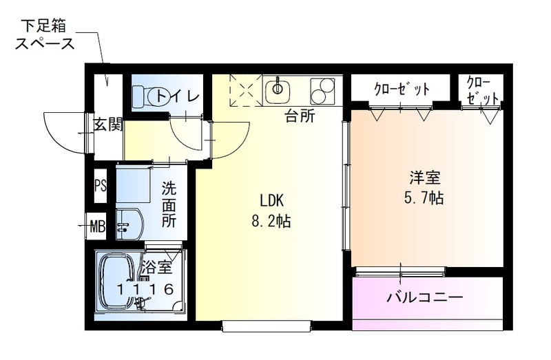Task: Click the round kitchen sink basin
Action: tap(278, 88)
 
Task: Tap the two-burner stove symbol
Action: tap(322, 91)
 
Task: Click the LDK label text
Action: tap(272, 201)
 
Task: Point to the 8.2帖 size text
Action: tap(272, 222)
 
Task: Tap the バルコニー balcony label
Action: tap(424, 298)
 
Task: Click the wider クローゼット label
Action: tap(402, 89)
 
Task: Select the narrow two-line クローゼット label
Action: tap(482, 89)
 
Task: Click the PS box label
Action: tap(101, 186)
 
